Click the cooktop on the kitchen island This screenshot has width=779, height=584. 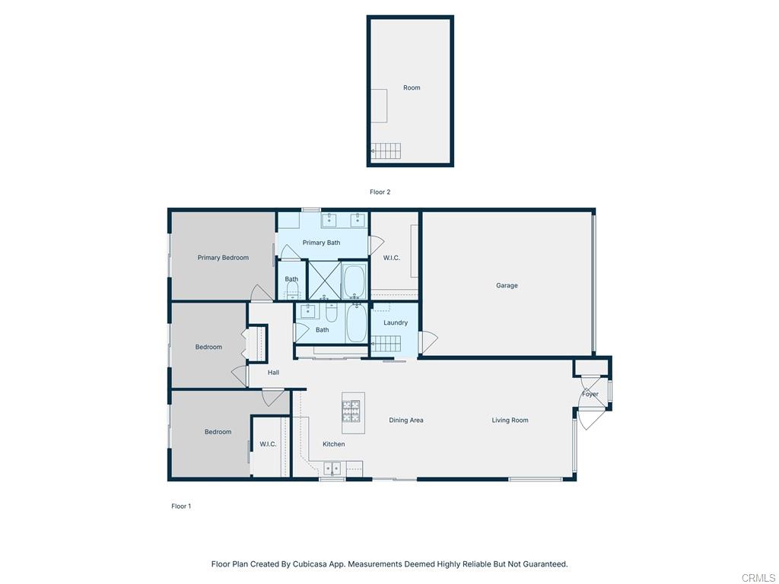(351, 411)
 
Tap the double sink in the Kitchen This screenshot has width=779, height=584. (332, 468)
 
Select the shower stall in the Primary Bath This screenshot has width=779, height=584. (323, 281)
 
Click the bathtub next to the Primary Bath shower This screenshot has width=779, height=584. (354, 281)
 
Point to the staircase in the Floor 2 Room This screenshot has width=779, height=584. (385, 151)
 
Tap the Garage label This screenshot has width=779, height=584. (507, 286)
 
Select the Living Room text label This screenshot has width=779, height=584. (510, 421)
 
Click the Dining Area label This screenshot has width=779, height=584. (406, 421)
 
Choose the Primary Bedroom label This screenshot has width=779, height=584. (223, 258)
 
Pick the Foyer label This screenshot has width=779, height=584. (590, 394)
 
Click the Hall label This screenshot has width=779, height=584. (273, 373)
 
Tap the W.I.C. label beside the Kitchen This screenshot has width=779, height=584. (268, 444)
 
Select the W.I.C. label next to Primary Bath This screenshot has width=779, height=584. (392, 258)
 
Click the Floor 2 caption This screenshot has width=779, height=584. (380, 192)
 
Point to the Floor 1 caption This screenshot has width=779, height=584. (180, 506)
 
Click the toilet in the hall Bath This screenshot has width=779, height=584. (332, 313)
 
